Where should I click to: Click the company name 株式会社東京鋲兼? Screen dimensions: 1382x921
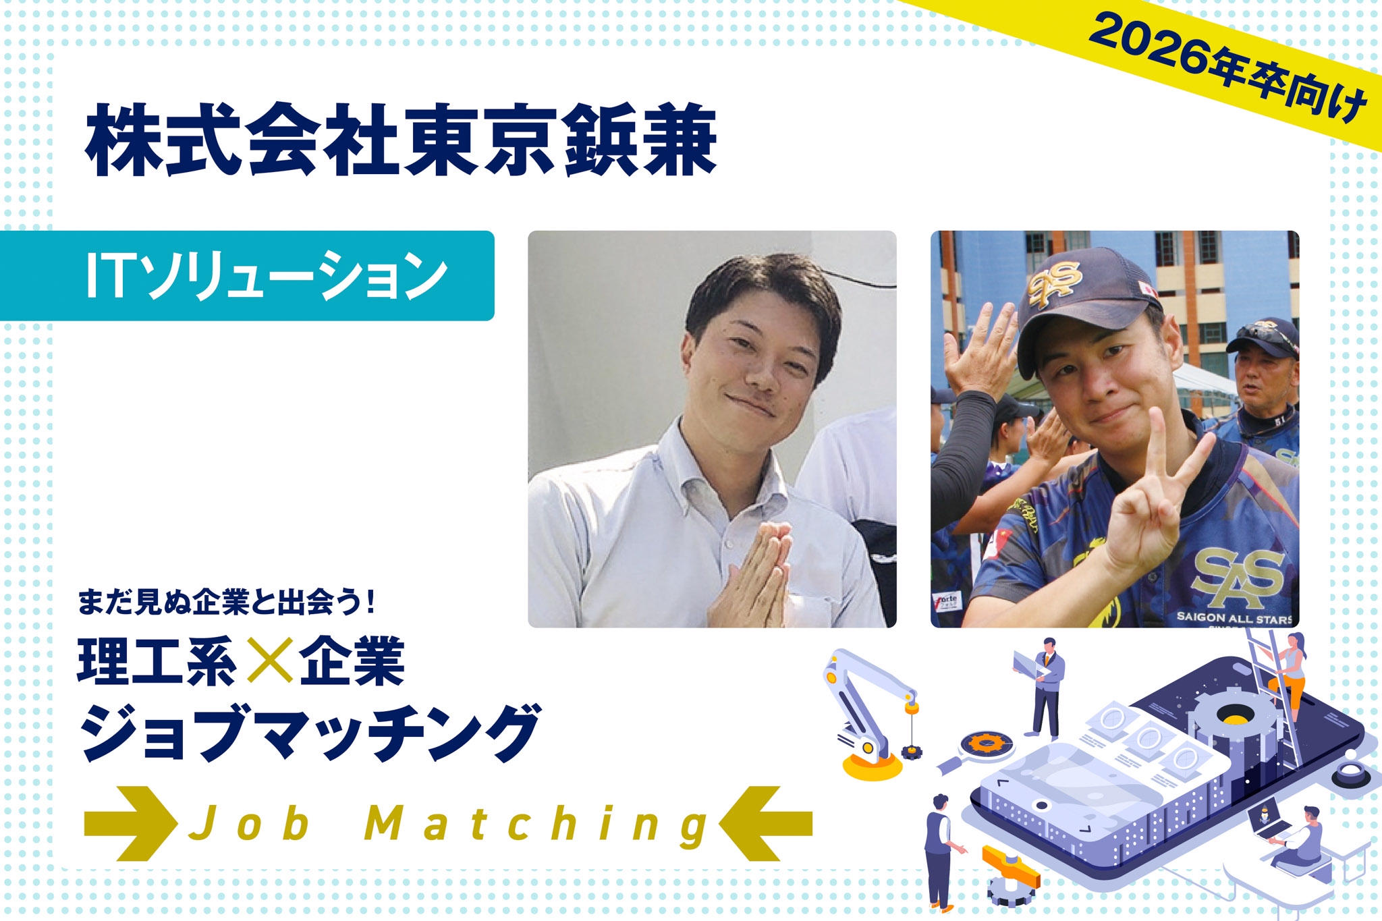[x=401, y=140]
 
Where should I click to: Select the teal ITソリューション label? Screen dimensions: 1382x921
[x=247, y=275]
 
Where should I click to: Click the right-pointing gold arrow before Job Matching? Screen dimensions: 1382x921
[x=130, y=823]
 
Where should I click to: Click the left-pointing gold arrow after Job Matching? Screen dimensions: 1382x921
[x=766, y=823]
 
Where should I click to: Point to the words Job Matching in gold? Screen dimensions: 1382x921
[x=449, y=825]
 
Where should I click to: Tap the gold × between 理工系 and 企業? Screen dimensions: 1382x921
[x=269, y=659]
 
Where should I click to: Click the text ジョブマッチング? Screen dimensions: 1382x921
[x=310, y=732]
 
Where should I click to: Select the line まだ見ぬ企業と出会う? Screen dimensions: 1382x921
[x=226, y=602]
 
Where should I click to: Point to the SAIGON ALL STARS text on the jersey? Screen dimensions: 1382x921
[x=1234, y=617]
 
